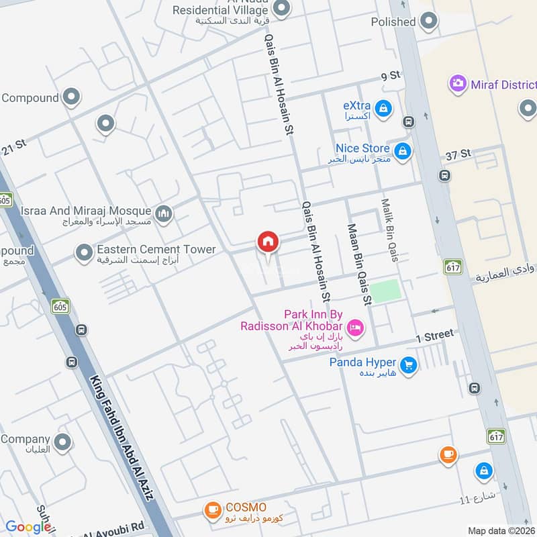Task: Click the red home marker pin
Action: tap(268, 242)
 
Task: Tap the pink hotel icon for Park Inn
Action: tap(356, 327)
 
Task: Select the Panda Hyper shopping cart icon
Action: tap(407, 365)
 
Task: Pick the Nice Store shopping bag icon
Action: tap(403, 151)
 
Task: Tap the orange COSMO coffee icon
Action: tap(213, 510)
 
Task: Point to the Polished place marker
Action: tap(428, 22)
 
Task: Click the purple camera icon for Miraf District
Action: tap(458, 85)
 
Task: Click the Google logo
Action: tap(28, 527)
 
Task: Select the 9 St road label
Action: tap(391, 76)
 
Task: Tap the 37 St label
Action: tap(458, 154)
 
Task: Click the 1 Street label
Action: tap(434, 335)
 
